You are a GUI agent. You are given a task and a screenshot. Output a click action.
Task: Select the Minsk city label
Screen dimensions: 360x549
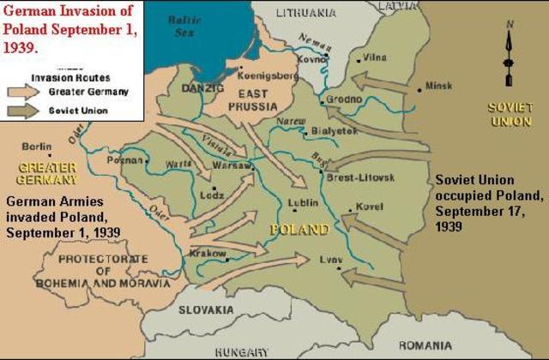(438, 87)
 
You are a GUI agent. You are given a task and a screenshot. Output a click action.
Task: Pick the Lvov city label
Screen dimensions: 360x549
(330, 259)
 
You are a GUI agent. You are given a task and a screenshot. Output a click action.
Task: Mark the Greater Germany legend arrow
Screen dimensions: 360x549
(27, 91)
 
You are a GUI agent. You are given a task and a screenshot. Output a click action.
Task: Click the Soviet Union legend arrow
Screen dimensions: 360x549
(27, 111)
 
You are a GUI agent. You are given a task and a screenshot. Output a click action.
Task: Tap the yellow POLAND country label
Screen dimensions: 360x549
(299, 230)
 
